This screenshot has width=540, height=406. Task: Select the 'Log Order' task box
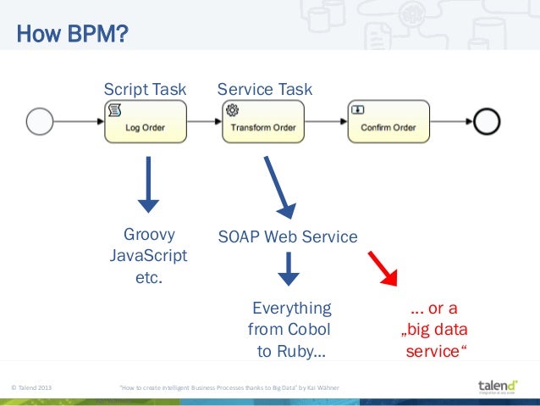click(145, 122)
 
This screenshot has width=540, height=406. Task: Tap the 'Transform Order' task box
click(263, 122)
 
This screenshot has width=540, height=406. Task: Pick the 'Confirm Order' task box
click(388, 122)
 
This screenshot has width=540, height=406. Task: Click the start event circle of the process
click(39, 122)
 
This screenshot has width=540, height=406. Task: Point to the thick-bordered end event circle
click(488, 122)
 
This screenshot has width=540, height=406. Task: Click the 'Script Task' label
click(144, 89)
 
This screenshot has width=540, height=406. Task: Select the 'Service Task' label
click(265, 89)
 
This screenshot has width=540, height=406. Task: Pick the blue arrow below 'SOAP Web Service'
click(289, 269)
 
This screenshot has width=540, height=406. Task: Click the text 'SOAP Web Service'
click(288, 236)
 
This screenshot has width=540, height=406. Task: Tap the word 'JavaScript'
click(149, 255)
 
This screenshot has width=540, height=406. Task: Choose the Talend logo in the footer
click(499, 387)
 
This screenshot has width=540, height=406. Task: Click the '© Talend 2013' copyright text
click(30, 388)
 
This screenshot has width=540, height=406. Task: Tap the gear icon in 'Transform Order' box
click(231, 109)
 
